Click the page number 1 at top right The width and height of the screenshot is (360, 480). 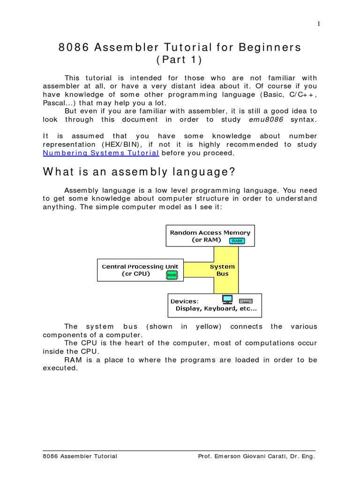318,24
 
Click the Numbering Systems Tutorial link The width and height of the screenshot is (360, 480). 101,153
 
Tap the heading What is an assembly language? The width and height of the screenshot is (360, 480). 139,172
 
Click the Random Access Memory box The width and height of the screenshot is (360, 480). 210,236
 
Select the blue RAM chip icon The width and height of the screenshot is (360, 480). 237,240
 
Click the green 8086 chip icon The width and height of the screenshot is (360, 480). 172,276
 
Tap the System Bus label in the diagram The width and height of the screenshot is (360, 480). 222,270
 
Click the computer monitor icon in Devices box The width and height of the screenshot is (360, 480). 227,299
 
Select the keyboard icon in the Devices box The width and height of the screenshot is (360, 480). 246,300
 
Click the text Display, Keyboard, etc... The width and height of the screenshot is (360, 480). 216,308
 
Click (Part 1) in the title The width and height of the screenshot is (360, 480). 180,61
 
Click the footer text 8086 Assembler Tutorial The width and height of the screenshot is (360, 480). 80,456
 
